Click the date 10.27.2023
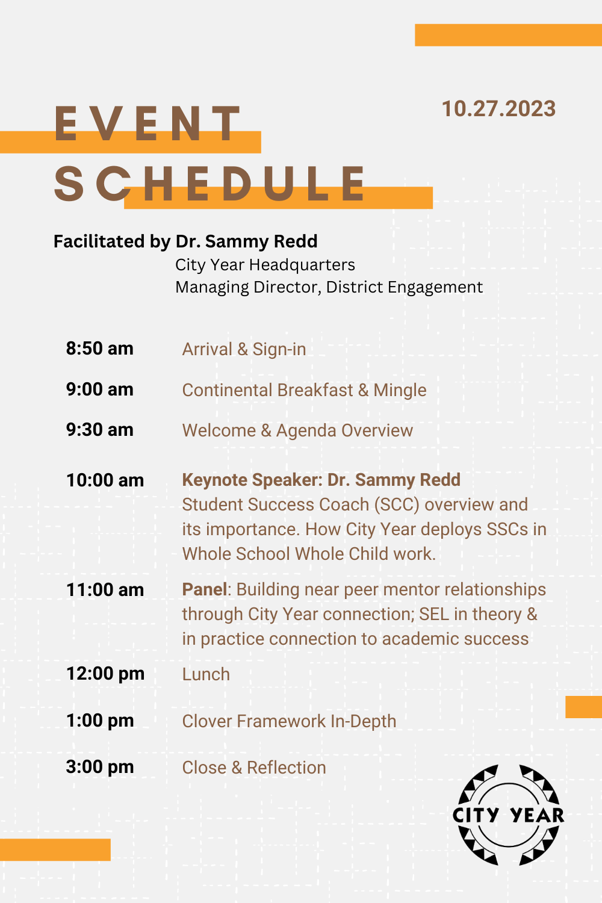(x=499, y=109)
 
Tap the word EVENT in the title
(x=147, y=123)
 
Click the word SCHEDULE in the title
(x=210, y=184)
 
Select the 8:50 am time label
(x=99, y=349)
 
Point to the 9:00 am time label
(x=99, y=389)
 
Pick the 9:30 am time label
(x=99, y=430)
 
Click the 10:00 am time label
(x=105, y=480)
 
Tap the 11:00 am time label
(x=105, y=590)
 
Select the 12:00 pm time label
(x=105, y=674)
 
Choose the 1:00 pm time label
(x=100, y=721)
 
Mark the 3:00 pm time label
(x=100, y=767)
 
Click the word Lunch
(x=206, y=674)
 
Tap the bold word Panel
(x=205, y=589)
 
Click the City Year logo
(x=508, y=815)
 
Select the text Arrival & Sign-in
(x=244, y=350)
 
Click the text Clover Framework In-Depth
(x=289, y=722)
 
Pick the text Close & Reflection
(x=254, y=768)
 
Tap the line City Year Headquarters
(x=265, y=265)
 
